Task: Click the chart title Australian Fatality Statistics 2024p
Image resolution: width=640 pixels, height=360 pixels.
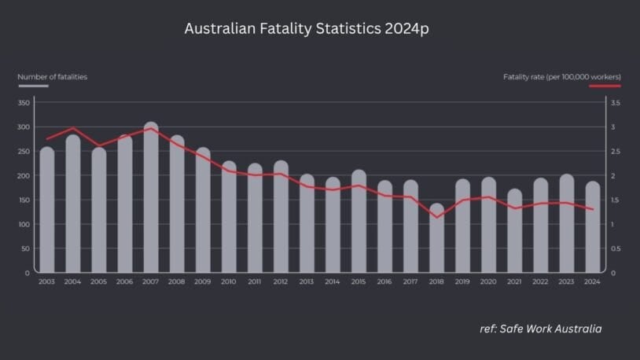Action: tap(307, 29)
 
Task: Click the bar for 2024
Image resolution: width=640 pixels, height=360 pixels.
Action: tap(593, 227)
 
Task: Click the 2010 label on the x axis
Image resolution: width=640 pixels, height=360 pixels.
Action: tap(229, 281)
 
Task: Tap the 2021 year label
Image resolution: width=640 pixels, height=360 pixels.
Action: tap(515, 281)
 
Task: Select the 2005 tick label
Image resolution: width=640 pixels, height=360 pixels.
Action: tap(99, 281)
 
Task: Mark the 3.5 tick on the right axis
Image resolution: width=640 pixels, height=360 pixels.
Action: tap(615, 103)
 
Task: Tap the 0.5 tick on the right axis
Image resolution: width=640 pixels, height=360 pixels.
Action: tap(615, 249)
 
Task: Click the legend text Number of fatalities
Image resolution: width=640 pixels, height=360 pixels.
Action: tap(53, 77)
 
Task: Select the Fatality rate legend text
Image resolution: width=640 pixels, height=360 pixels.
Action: tap(562, 77)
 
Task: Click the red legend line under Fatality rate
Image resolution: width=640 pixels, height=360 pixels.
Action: tap(605, 85)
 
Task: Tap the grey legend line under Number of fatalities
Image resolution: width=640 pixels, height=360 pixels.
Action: tap(33, 85)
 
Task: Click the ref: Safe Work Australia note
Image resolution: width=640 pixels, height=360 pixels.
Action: tap(541, 329)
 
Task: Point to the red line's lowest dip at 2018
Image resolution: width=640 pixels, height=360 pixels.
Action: tap(436, 217)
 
